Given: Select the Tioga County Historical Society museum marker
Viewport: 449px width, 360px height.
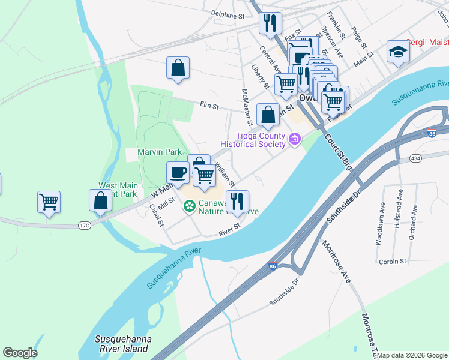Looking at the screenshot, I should pos(294,140).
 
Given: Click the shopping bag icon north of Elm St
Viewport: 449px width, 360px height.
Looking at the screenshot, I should pos(178,68).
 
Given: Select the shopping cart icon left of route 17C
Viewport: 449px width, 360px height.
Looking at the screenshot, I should pos(49,202).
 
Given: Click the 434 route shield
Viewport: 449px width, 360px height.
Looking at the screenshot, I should pos(415,158).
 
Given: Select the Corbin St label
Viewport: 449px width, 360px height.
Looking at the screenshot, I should pos(393,262).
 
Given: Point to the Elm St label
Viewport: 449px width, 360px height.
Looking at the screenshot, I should pos(209,106).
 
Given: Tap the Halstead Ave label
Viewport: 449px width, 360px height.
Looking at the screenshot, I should pos(399,208).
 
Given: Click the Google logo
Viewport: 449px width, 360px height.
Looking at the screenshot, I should pos(20,353).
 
